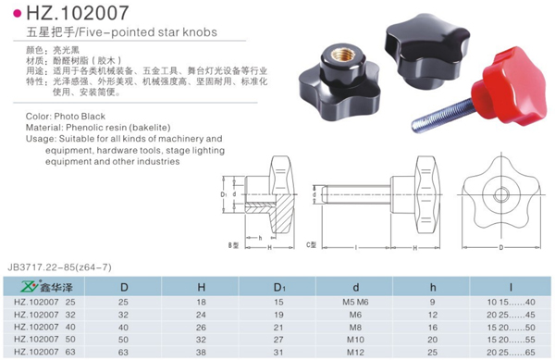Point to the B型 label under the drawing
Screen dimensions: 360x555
click(234, 244)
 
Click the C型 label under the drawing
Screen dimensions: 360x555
click(312, 244)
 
